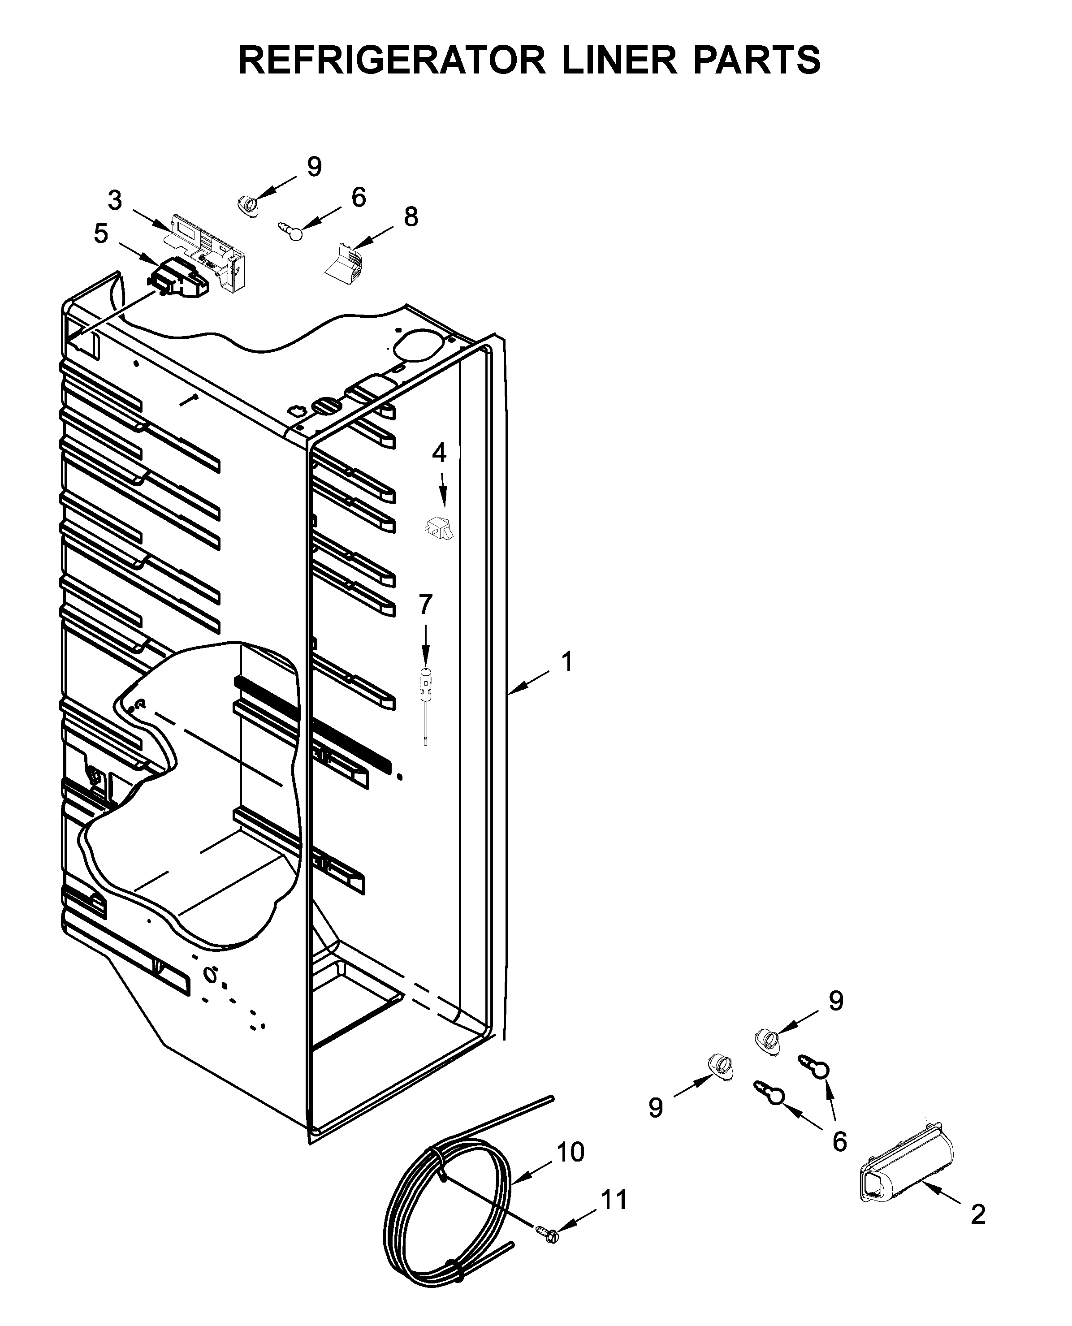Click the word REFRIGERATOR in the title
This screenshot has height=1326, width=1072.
click(x=392, y=60)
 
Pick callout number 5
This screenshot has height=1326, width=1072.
click(x=101, y=234)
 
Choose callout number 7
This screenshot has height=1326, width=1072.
click(x=425, y=605)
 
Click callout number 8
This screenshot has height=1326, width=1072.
click(x=411, y=217)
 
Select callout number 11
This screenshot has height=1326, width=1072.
click(x=614, y=1201)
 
